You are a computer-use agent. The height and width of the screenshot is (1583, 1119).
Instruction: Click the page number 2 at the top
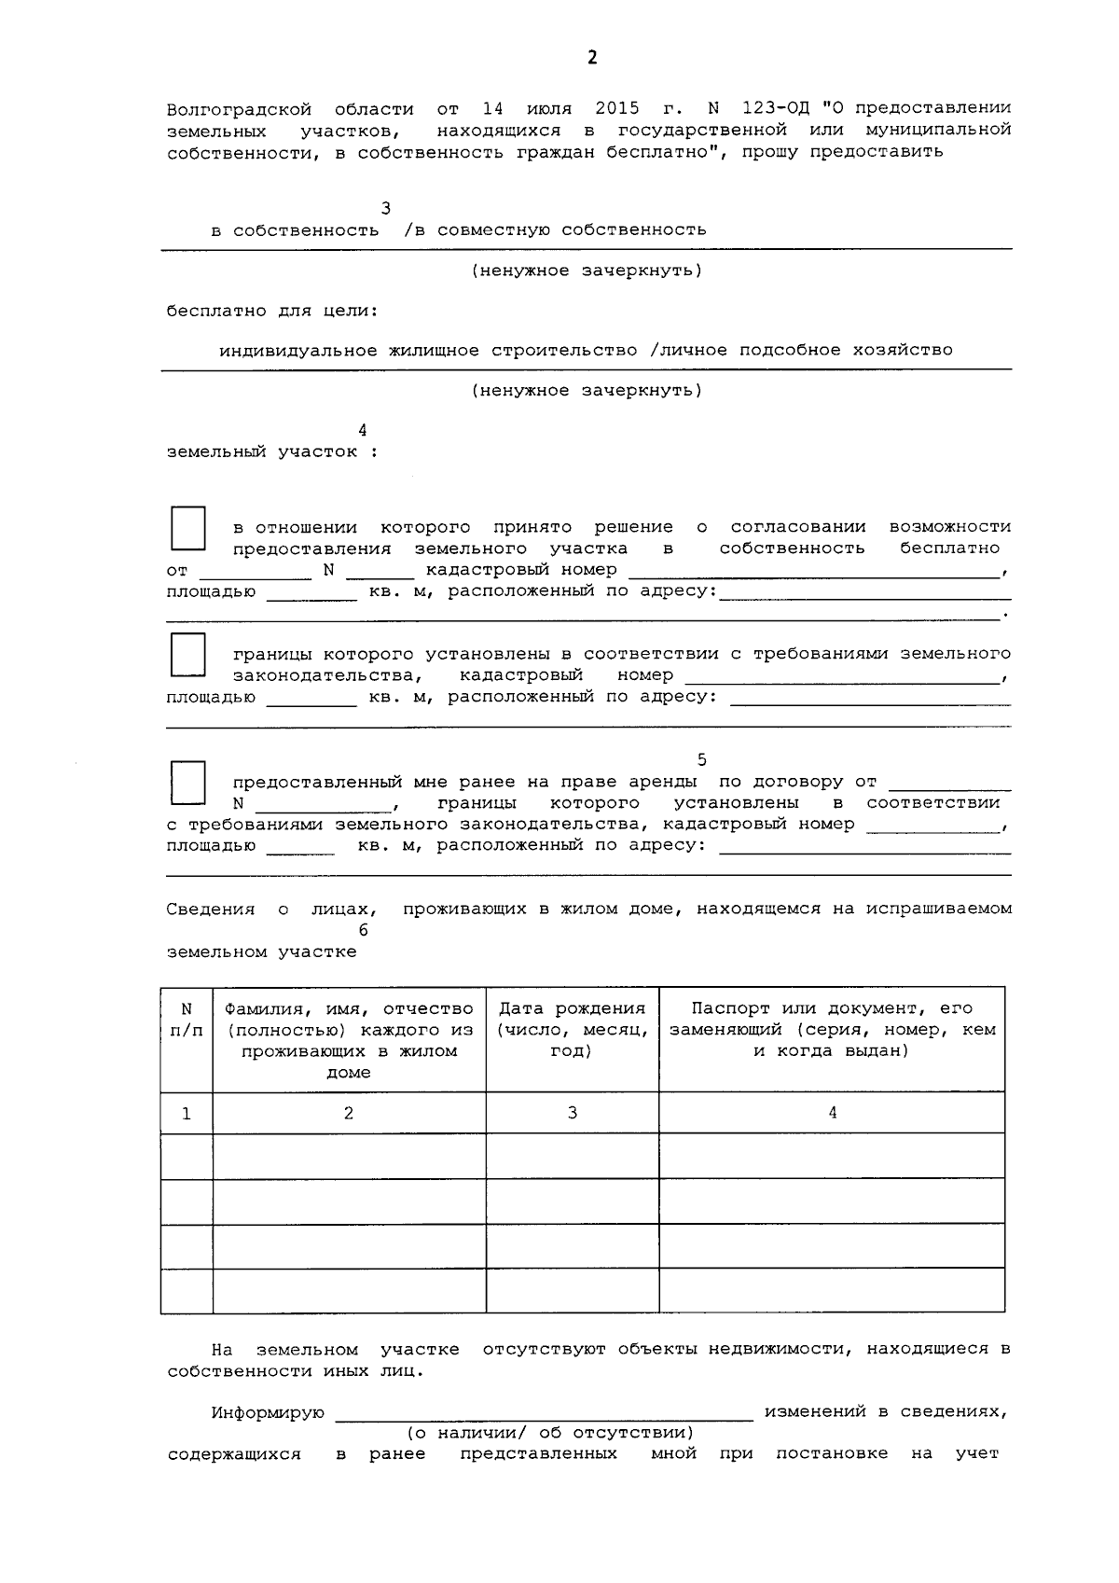(x=592, y=58)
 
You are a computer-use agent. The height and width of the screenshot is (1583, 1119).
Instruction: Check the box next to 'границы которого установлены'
(x=187, y=655)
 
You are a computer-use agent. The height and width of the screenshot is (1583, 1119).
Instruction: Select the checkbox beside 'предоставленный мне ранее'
(x=187, y=783)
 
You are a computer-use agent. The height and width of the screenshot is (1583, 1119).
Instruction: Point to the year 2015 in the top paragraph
(x=616, y=108)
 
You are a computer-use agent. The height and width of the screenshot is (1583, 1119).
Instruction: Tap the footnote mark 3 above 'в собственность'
(x=386, y=208)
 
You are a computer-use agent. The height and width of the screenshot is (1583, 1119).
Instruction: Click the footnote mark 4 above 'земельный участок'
(x=363, y=430)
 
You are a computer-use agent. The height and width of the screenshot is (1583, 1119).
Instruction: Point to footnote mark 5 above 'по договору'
(x=701, y=760)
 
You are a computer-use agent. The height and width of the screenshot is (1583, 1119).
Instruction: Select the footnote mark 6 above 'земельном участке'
(x=363, y=930)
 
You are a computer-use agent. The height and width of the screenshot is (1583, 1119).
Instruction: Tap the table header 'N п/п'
(x=186, y=1020)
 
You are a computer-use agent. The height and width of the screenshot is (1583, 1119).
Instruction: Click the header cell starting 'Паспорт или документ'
(x=832, y=1029)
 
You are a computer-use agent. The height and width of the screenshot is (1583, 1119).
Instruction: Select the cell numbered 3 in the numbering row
(x=572, y=1113)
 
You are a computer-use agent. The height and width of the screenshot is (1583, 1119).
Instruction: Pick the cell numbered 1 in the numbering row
(x=186, y=1113)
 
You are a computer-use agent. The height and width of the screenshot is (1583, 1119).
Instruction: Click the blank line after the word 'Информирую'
(x=544, y=1413)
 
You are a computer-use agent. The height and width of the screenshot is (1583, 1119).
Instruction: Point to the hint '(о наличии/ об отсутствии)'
(x=549, y=1432)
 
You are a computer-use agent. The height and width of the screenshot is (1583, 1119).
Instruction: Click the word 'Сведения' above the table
(x=211, y=909)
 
